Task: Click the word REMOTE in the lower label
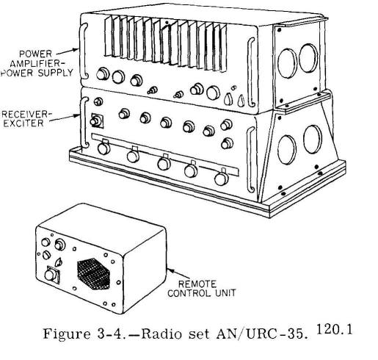pos(197,284)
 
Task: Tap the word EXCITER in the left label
pos(23,123)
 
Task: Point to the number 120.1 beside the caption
pos(335,330)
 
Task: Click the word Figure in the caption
pos(67,334)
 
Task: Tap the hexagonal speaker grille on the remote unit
pos(94,274)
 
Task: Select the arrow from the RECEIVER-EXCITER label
pos(65,118)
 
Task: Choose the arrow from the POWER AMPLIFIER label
pos(68,51)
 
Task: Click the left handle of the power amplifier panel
pos(84,51)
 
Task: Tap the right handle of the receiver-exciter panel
pos(250,159)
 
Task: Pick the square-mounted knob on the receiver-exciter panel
pos(97,120)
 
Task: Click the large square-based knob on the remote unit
pos(52,275)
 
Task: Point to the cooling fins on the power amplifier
pos(166,43)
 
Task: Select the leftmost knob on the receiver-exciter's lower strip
pos(103,148)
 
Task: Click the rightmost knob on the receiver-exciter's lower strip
pos(222,178)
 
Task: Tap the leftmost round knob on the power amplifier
pos(103,73)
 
